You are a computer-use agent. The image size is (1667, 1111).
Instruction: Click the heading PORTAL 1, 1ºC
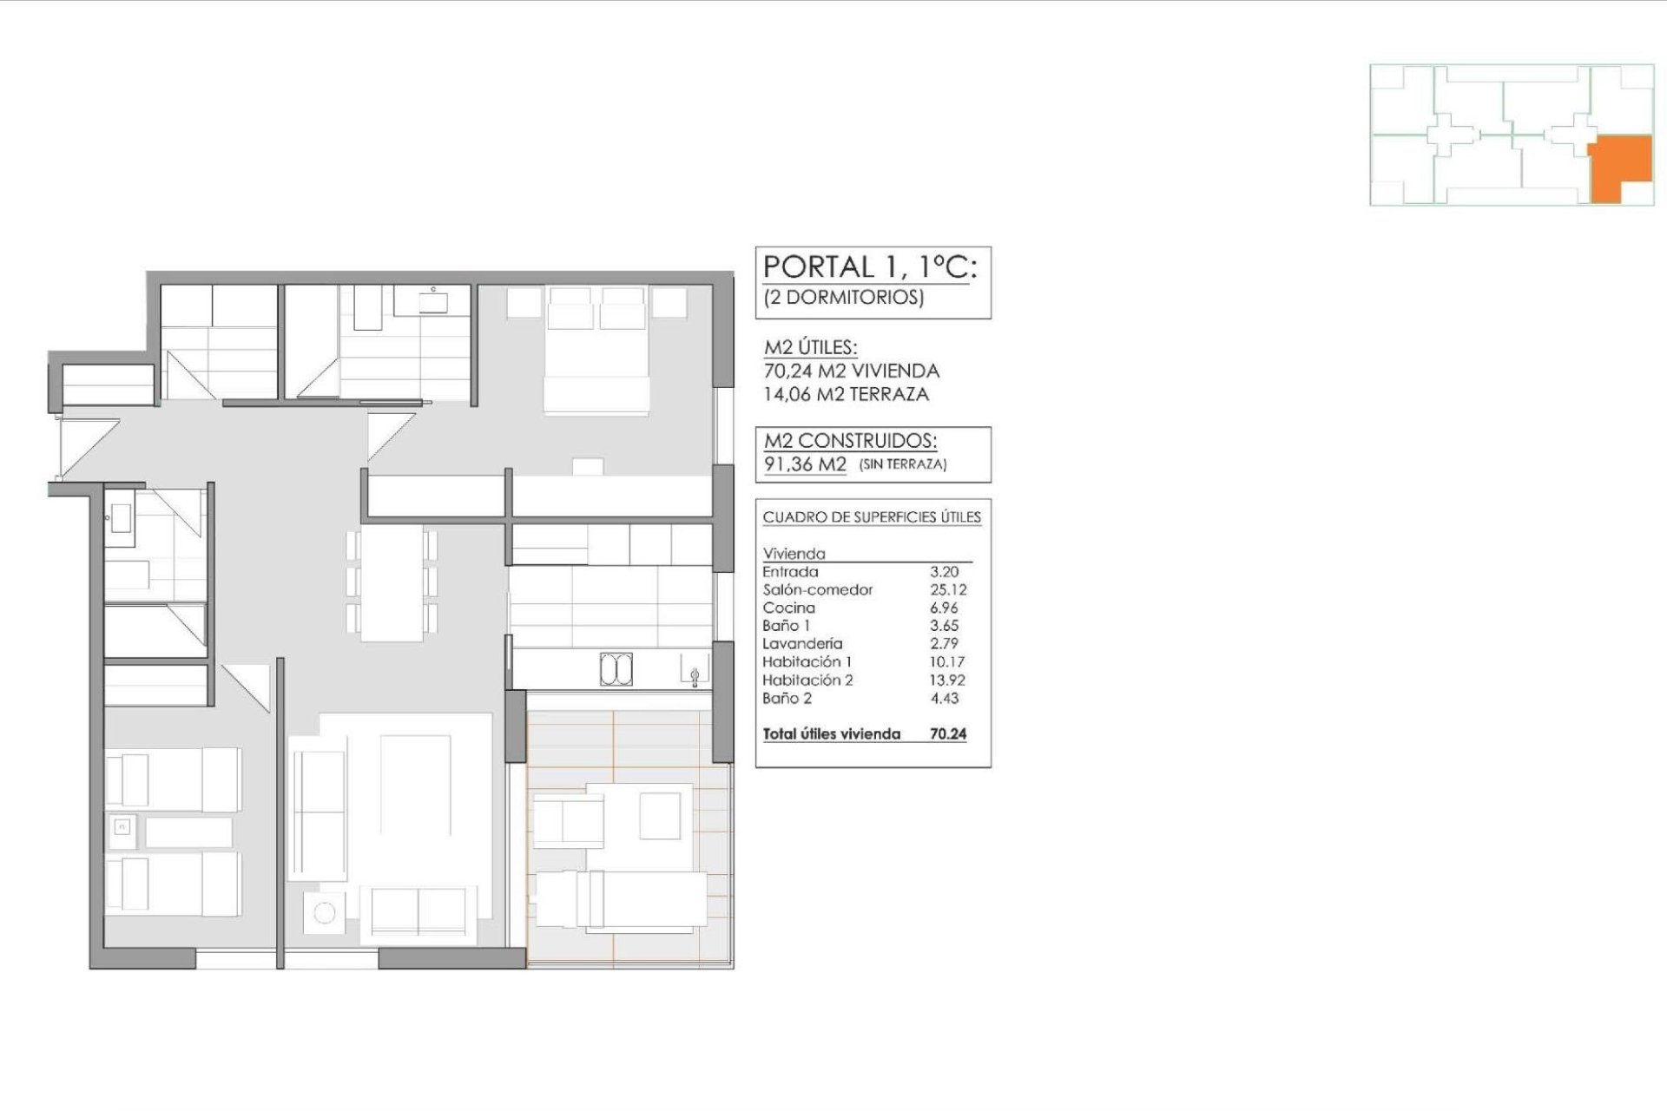870,267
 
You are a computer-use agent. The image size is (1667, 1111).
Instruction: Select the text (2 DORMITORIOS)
843,298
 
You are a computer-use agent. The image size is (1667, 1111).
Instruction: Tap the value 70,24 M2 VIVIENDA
851,371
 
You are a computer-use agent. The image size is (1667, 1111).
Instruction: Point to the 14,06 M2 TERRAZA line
846,394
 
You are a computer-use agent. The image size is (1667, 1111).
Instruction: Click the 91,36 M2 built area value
805,464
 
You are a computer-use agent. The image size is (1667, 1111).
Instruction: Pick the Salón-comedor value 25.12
947,589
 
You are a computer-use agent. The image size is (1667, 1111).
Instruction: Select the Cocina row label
788,608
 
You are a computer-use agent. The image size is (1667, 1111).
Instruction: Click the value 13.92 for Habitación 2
947,680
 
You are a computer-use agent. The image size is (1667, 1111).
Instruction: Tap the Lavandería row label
802,644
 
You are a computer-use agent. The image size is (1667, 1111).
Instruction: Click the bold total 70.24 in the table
948,734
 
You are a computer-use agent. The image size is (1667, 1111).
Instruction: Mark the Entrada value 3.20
944,572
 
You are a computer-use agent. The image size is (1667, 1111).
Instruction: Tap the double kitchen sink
616,670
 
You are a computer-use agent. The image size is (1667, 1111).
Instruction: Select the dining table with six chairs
392,582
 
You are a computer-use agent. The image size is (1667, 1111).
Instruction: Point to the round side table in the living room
325,913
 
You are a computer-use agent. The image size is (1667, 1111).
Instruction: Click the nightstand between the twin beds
122,826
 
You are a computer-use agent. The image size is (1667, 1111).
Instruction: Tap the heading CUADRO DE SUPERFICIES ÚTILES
872,517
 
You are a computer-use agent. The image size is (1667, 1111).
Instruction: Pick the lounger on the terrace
621,900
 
